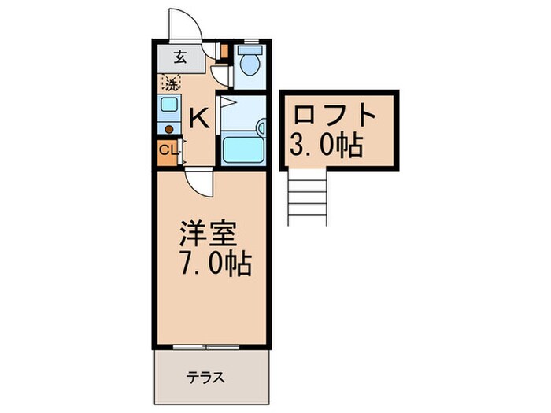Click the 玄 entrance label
pyautogui.click(x=179, y=57)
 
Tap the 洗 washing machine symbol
pyautogui.click(x=171, y=80)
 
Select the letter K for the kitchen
pyautogui.click(x=199, y=119)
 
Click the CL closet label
pyautogui.click(x=168, y=150)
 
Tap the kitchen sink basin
pyautogui.click(x=169, y=105)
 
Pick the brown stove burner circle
pyautogui.click(x=168, y=128)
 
